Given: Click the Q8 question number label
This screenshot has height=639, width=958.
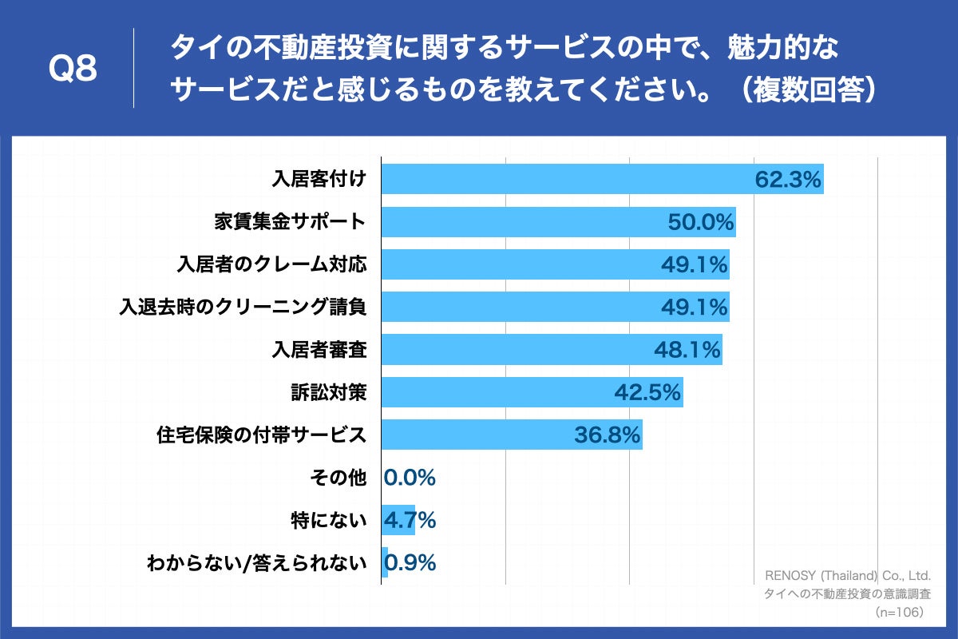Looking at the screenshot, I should [73, 69].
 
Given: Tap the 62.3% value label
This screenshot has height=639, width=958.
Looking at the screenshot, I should [788, 180].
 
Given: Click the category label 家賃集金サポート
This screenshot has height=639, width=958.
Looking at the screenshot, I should [291, 222].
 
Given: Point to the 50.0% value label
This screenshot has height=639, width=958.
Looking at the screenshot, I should [700, 223].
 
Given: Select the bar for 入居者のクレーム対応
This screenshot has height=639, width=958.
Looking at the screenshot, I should [519, 264].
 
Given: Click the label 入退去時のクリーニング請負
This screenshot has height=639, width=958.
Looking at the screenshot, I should [243, 307].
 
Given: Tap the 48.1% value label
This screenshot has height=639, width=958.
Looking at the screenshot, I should [687, 350].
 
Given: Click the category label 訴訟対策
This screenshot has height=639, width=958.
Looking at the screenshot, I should [328, 392].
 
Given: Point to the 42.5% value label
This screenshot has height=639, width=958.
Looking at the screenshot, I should [647, 392].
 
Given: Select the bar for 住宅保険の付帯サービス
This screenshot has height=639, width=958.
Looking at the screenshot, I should [479, 435].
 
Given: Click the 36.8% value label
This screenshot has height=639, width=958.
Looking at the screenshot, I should [608, 435].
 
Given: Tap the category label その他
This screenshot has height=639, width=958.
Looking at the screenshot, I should [338, 478].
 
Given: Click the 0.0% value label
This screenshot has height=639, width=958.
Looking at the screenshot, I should [410, 478].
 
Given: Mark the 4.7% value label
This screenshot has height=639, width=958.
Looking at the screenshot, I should [410, 521].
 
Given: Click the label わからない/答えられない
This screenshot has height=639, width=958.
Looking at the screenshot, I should [256, 563].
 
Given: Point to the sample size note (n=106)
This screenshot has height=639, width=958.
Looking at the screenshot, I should [899, 612].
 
